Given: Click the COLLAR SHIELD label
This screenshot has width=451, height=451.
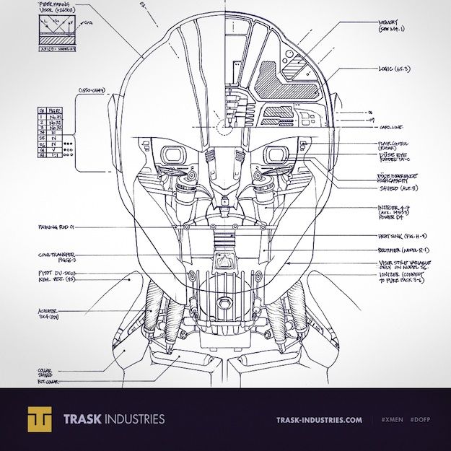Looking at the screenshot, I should coord(45,372).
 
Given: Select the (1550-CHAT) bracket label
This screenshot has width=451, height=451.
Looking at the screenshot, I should coord(92,90).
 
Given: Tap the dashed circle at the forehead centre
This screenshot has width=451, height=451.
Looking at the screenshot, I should coord(226,128).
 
